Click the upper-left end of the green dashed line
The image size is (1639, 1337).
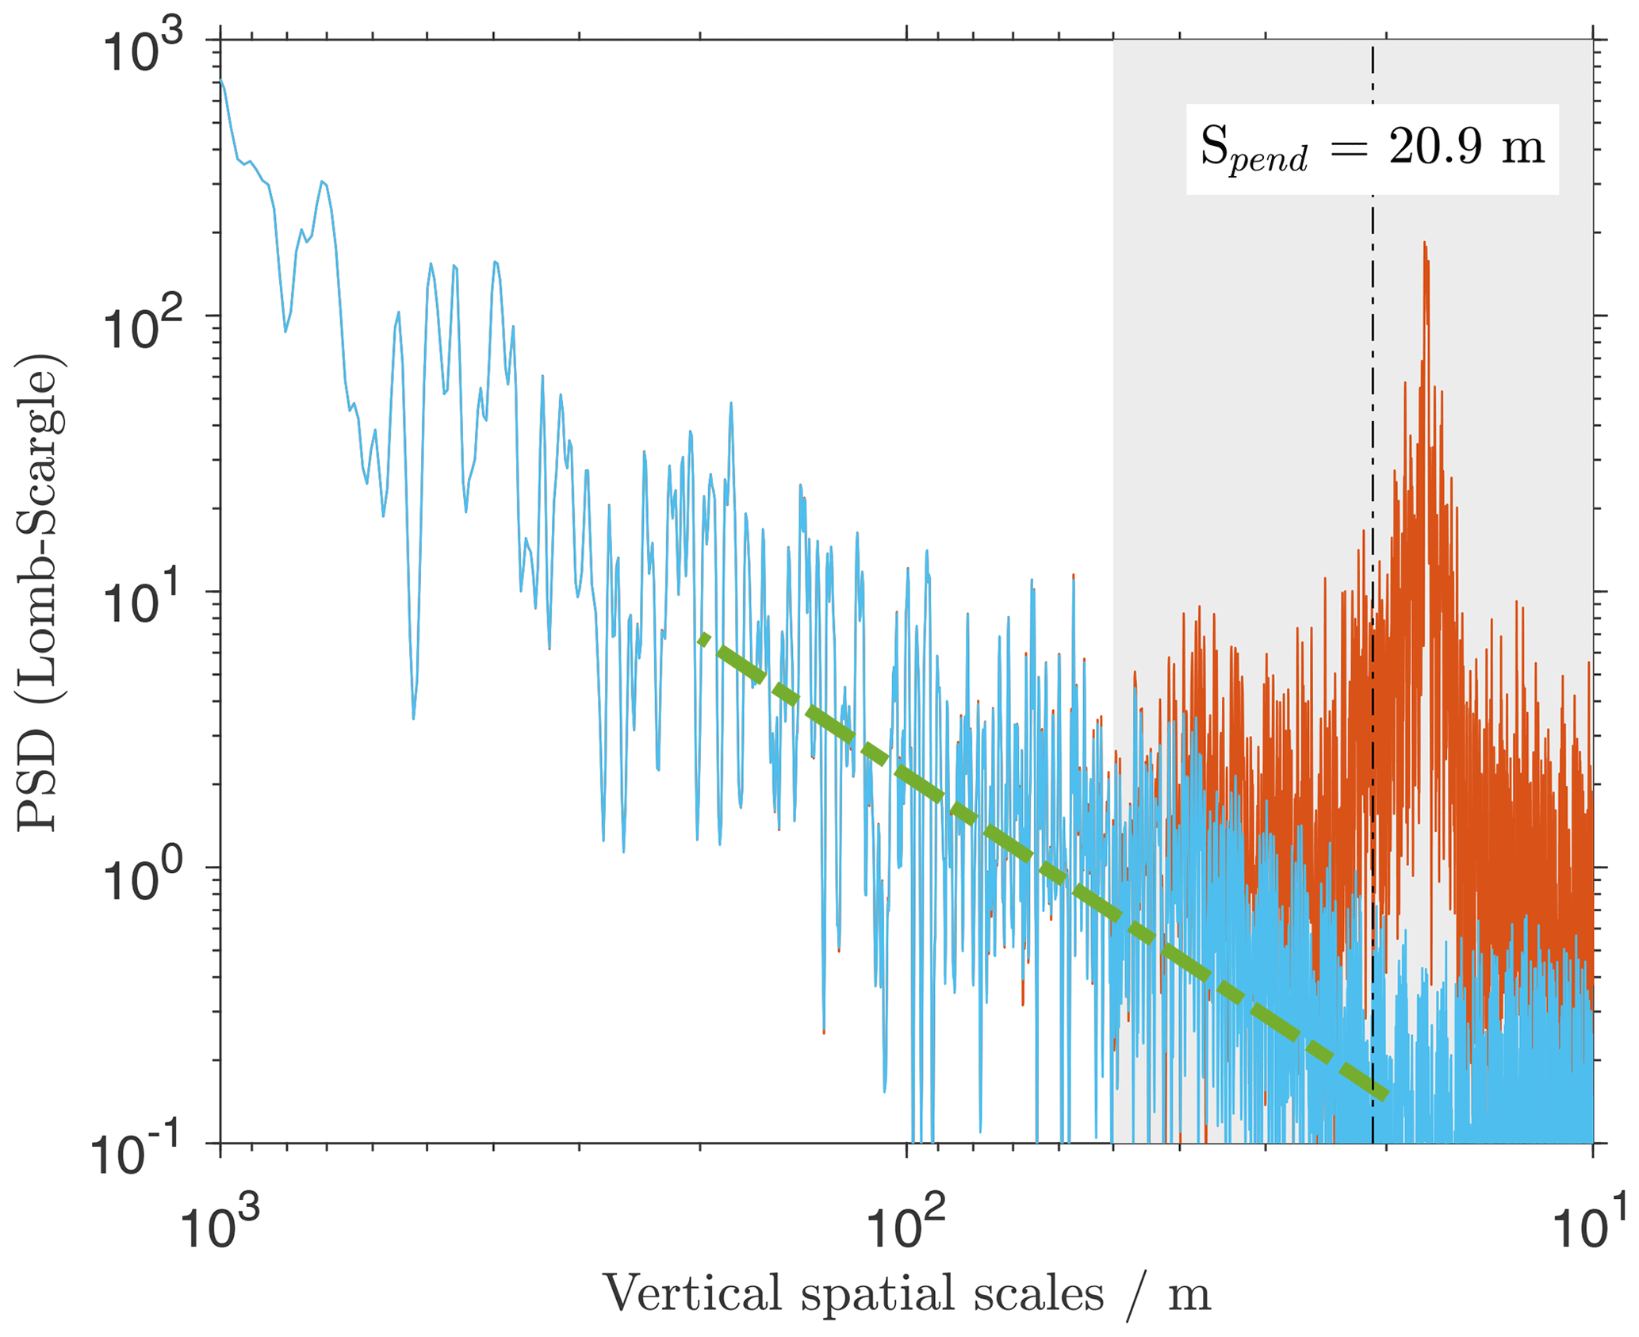701,637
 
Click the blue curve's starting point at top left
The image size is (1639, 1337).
221,80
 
